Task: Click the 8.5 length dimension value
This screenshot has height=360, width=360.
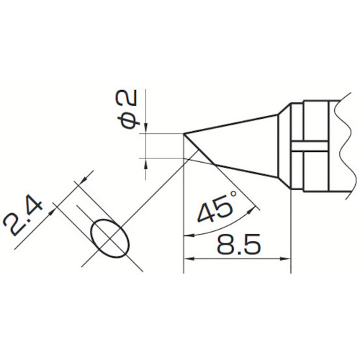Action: (238, 244)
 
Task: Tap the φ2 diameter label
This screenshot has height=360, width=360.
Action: (128, 109)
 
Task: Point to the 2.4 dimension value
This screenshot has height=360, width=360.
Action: (23, 218)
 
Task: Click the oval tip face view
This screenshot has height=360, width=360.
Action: (110, 238)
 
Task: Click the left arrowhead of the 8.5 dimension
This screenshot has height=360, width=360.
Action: (189, 259)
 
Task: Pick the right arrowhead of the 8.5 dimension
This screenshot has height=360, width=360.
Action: (286, 259)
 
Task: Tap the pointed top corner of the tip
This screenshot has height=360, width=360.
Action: (184, 134)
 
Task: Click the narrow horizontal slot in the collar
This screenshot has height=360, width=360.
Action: (310, 146)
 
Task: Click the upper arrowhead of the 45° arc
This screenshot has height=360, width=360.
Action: (250, 211)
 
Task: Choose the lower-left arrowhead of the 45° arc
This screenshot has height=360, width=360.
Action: (189, 235)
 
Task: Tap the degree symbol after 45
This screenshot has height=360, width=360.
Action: (233, 194)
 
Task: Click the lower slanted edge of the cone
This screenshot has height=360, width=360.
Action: (246, 171)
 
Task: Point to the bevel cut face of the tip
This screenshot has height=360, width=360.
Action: (199, 149)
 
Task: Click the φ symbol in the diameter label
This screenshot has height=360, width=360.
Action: (128, 120)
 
